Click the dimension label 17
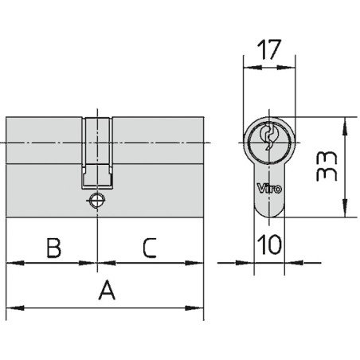(269, 49)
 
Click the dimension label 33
(327, 166)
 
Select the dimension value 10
(269, 244)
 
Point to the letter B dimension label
(53, 248)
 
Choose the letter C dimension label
(150, 248)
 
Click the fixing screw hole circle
(97, 201)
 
